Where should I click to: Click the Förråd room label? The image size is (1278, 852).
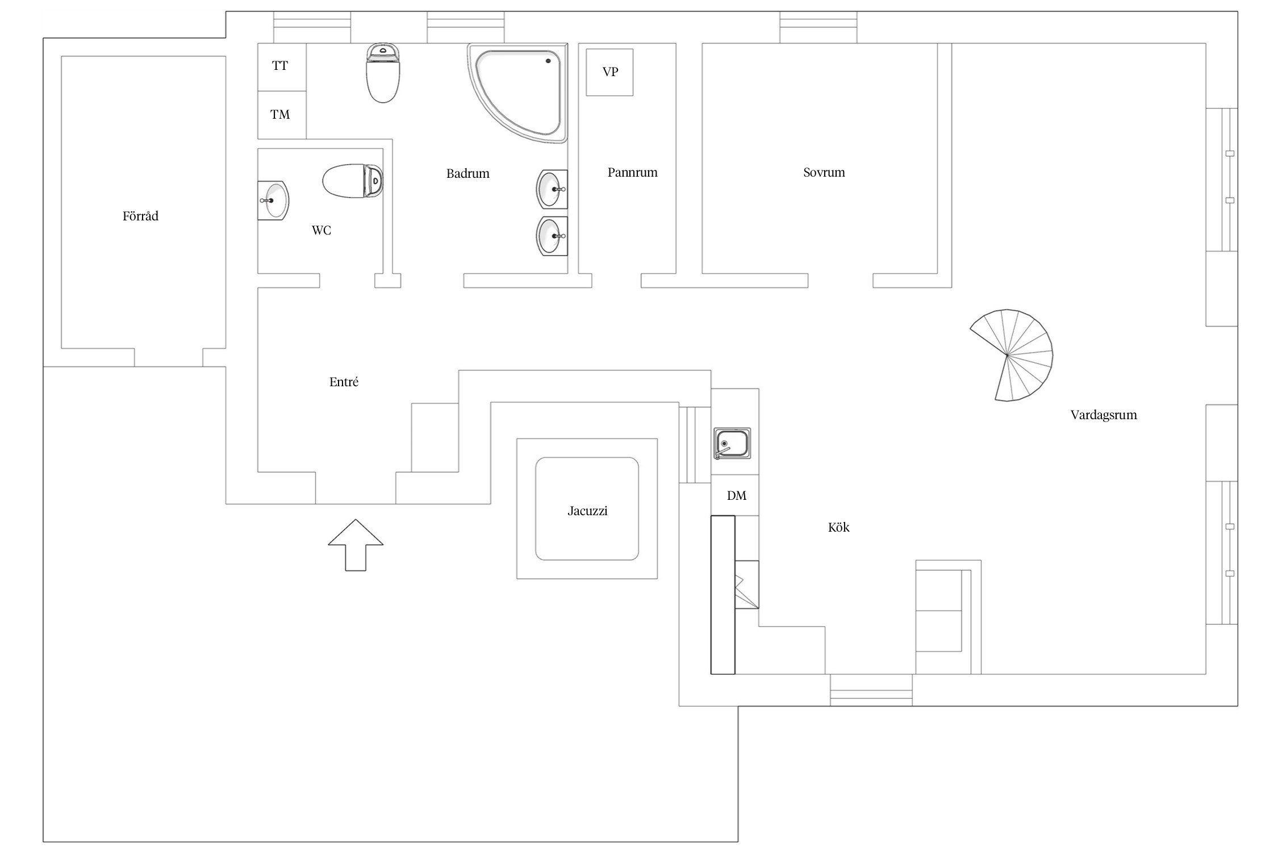click(x=140, y=216)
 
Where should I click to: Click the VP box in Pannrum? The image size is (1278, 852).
click(x=609, y=72)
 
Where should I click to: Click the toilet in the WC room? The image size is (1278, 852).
click(x=353, y=181)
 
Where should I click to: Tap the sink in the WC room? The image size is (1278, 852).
click(x=273, y=201)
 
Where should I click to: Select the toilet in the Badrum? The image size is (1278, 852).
click(x=383, y=74)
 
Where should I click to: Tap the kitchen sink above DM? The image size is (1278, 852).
click(x=733, y=443)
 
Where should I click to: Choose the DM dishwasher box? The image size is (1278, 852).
click(x=736, y=495)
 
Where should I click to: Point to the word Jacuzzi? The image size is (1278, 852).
click(x=587, y=511)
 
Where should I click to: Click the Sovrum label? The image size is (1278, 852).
click(x=824, y=173)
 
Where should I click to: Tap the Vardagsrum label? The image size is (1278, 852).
click(x=1103, y=415)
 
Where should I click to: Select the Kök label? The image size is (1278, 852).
click(x=838, y=528)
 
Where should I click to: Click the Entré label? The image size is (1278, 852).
click(x=344, y=382)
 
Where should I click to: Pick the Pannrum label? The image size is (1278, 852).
click(x=632, y=173)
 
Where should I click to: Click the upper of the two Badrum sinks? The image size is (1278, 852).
click(x=551, y=189)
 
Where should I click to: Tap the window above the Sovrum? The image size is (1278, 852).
click(x=818, y=27)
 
